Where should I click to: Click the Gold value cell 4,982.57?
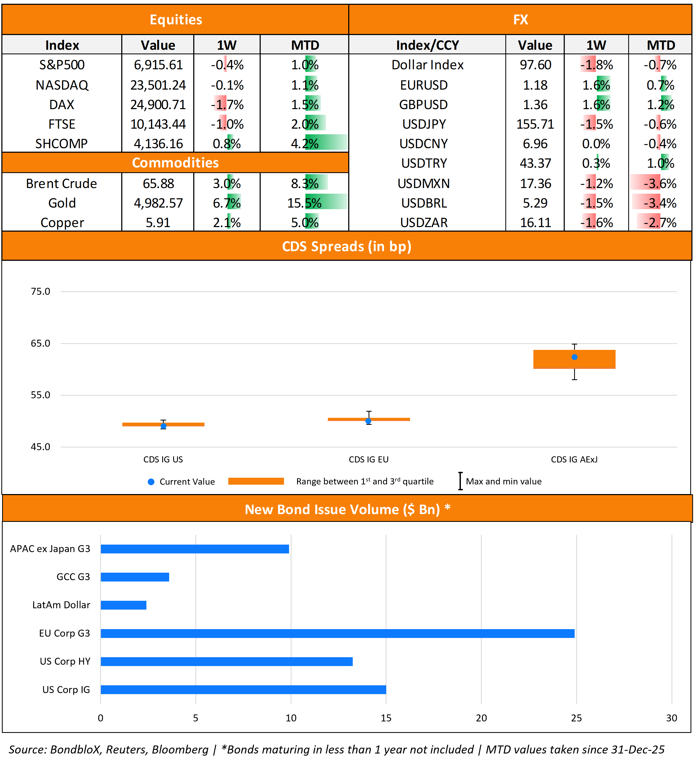point(158,203)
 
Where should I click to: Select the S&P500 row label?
point(62,65)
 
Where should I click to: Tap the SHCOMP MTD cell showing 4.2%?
point(305,143)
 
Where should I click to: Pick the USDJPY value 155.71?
point(535,124)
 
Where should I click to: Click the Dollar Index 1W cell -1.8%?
point(596,65)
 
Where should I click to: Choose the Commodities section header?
point(175,162)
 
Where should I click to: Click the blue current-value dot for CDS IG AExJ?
point(574,357)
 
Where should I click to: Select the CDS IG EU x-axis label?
point(368,460)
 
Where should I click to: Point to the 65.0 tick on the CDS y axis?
point(40,343)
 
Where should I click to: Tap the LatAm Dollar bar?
point(123,605)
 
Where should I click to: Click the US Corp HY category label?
point(65,661)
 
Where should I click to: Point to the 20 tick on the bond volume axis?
point(481,718)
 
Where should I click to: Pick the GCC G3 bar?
point(135,577)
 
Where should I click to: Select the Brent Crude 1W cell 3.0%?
point(227,183)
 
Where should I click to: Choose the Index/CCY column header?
point(427,45)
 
